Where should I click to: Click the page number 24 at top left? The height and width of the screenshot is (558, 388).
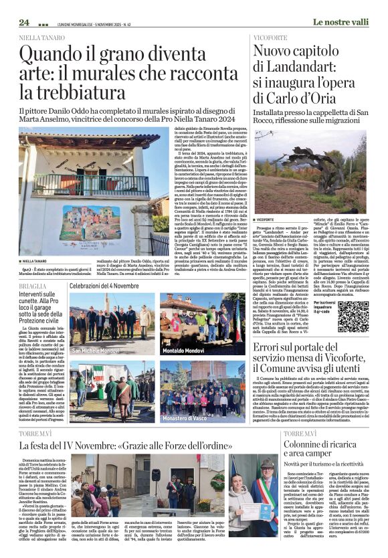pos(25,22)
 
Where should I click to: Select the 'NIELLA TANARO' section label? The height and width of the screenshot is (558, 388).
pos(40,38)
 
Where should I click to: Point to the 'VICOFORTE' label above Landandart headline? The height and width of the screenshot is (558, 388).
pos(271,38)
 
